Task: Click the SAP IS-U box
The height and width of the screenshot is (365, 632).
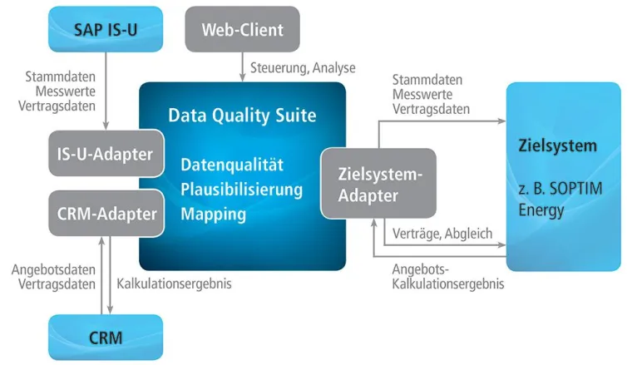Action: [x=106, y=30]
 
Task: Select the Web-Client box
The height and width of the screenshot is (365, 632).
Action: [x=242, y=31]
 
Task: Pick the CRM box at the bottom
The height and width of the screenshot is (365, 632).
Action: [x=106, y=338]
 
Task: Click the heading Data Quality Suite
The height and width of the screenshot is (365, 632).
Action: [x=242, y=116]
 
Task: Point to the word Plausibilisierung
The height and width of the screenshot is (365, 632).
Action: [x=241, y=189]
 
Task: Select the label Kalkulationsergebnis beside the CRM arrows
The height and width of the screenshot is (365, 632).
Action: [x=174, y=284]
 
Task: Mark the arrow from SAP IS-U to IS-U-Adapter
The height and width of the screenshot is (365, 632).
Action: [x=106, y=91]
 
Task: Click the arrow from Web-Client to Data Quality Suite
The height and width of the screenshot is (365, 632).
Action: [x=242, y=66]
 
